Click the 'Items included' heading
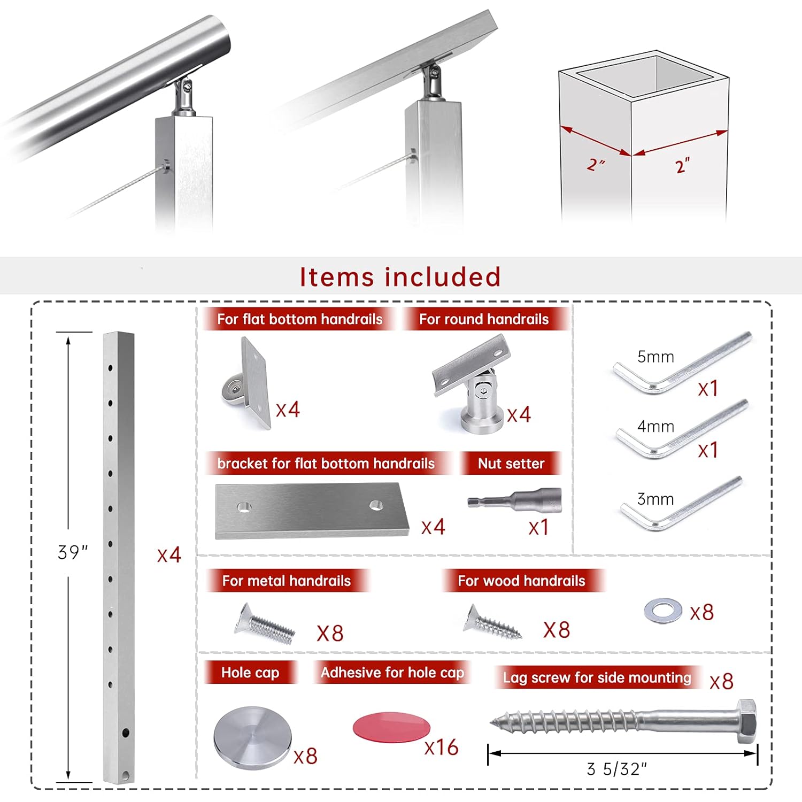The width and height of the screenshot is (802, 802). point(400,277)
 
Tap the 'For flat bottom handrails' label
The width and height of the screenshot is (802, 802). point(299,319)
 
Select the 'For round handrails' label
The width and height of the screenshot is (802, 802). point(484,319)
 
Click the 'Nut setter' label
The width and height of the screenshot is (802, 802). point(511,464)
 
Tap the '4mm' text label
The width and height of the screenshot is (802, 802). point(656,427)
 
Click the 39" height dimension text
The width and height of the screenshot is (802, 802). point(72,552)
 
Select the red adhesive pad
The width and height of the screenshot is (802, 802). point(391,727)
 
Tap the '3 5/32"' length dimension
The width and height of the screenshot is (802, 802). point(616,769)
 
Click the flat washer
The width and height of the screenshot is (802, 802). point(662,610)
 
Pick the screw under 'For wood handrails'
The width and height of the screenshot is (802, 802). point(492,622)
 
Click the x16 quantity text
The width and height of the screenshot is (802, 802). point(441,747)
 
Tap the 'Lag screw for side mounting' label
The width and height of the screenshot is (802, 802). point(597,677)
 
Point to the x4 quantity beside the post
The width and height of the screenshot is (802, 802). point(169,555)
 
